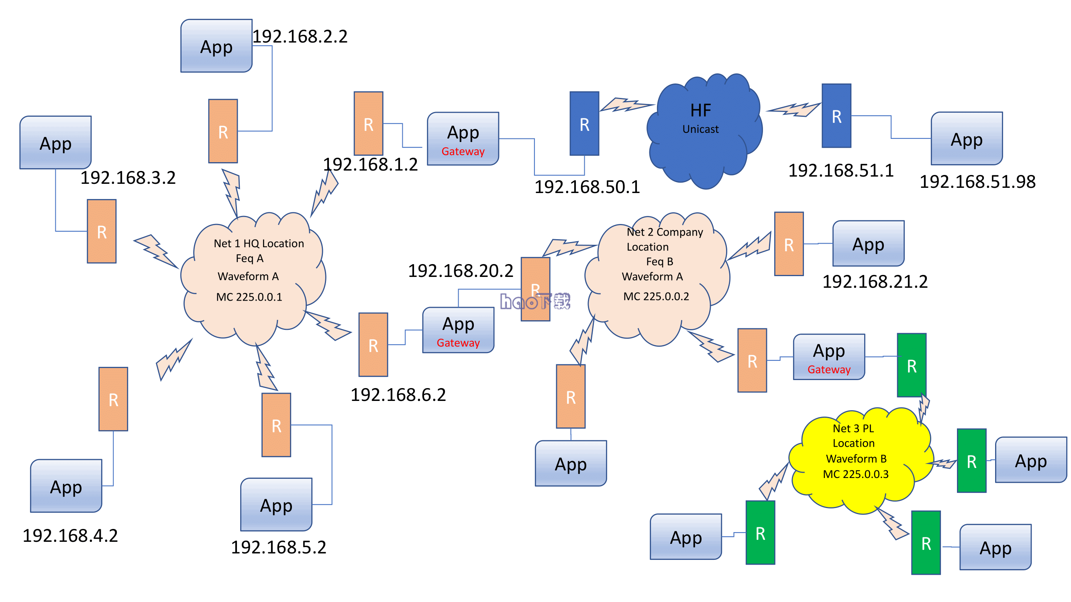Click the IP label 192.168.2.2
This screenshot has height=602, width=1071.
(x=300, y=37)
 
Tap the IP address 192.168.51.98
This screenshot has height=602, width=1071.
(x=977, y=181)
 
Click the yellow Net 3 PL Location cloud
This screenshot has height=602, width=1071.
(x=859, y=461)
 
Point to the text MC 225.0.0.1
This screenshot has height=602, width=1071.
(x=249, y=297)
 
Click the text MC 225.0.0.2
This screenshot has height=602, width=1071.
(x=656, y=296)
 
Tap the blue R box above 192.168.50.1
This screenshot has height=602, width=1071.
(x=584, y=124)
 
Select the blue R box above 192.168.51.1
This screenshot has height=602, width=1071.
(x=836, y=116)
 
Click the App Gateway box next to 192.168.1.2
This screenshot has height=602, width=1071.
(x=463, y=139)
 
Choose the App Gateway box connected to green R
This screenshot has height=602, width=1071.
(x=828, y=357)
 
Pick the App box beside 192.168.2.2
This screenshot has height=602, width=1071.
(x=216, y=46)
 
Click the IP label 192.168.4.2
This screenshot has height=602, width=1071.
(x=70, y=535)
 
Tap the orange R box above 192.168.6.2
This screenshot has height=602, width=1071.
(x=373, y=345)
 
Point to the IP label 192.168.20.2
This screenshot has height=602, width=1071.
(x=460, y=271)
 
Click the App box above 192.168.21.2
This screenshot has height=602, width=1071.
(x=868, y=244)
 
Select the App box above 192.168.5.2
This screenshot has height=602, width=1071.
(x=276, y=504)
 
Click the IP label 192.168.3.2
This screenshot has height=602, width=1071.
(x=128, y=178)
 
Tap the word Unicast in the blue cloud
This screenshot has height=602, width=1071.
(x=701, y=129)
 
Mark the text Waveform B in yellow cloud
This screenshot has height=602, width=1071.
(x=856, y=459)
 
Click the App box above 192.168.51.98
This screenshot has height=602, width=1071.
(x=967, y=139)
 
